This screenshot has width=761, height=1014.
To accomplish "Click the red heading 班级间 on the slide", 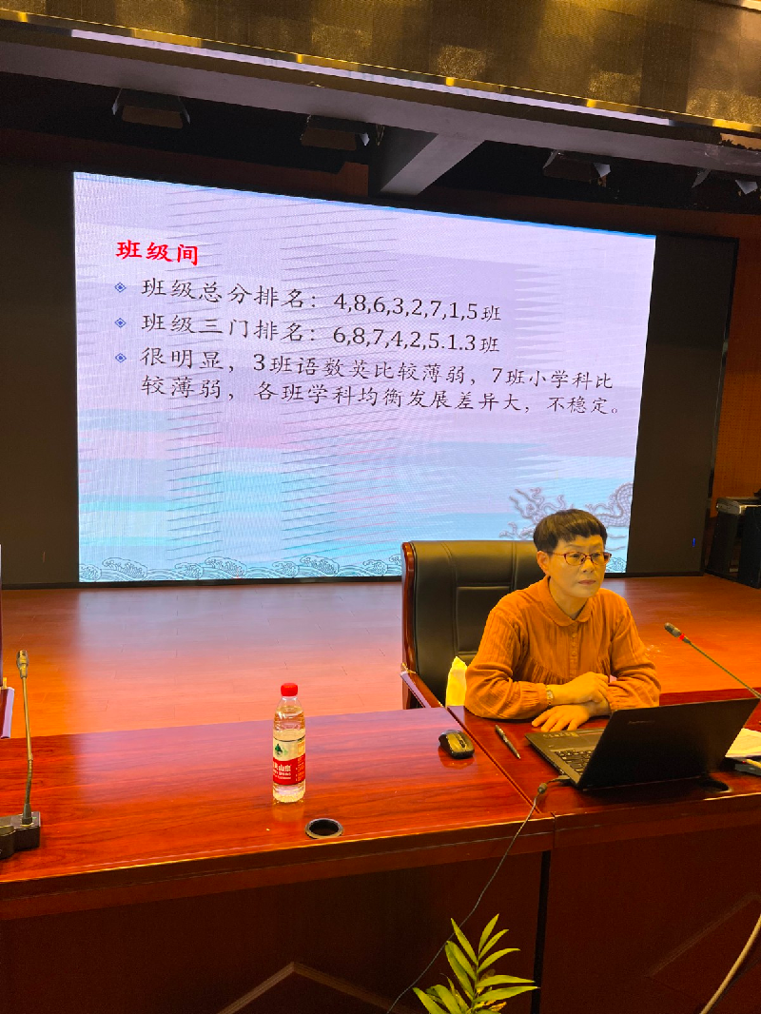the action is tap(157, 251).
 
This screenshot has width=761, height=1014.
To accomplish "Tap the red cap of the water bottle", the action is tap(289, 690).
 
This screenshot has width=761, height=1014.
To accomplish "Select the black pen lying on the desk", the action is tap(508, 741).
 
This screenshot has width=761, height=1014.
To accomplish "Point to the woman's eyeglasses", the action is tap(580, 557).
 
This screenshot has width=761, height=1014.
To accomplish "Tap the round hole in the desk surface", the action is tap(323, 828).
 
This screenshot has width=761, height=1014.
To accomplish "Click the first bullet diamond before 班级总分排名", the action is tap(120, 287).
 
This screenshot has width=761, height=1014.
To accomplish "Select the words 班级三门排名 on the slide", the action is tap(222, 326).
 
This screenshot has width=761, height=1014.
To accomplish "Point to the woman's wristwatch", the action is tap(549, 696).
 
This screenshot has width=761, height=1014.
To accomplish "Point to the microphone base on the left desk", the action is tap(19, 833).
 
